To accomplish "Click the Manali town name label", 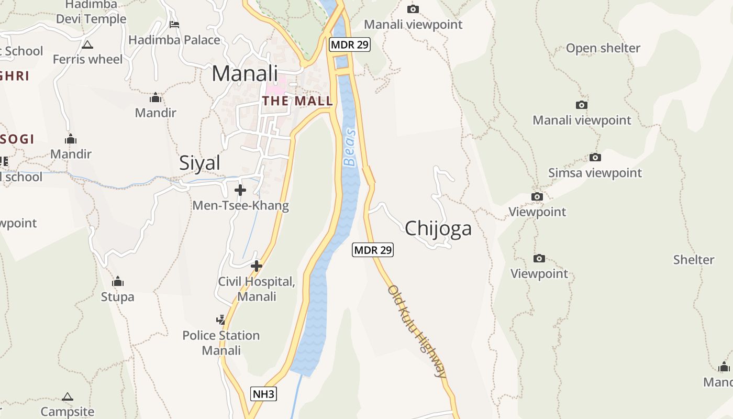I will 245,73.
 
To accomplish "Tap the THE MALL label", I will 297,101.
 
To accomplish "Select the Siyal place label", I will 199,163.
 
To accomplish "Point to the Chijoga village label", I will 438,228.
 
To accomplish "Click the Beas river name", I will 350,148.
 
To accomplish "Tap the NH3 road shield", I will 263,394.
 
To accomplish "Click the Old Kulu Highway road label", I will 417,331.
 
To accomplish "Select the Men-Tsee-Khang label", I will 240,205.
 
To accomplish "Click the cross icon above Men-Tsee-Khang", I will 240,190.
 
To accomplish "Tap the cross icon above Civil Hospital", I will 256,266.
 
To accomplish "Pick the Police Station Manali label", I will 221,343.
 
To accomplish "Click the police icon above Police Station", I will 221,319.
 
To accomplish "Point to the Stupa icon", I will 118,281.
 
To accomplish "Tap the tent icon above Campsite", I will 68,396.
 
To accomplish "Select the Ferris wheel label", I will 87,59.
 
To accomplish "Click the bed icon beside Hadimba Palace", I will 174,24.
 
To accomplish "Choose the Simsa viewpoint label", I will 595,173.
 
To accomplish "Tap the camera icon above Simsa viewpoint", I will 595,157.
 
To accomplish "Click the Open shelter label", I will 603,48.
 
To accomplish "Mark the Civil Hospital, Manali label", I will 257,289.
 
